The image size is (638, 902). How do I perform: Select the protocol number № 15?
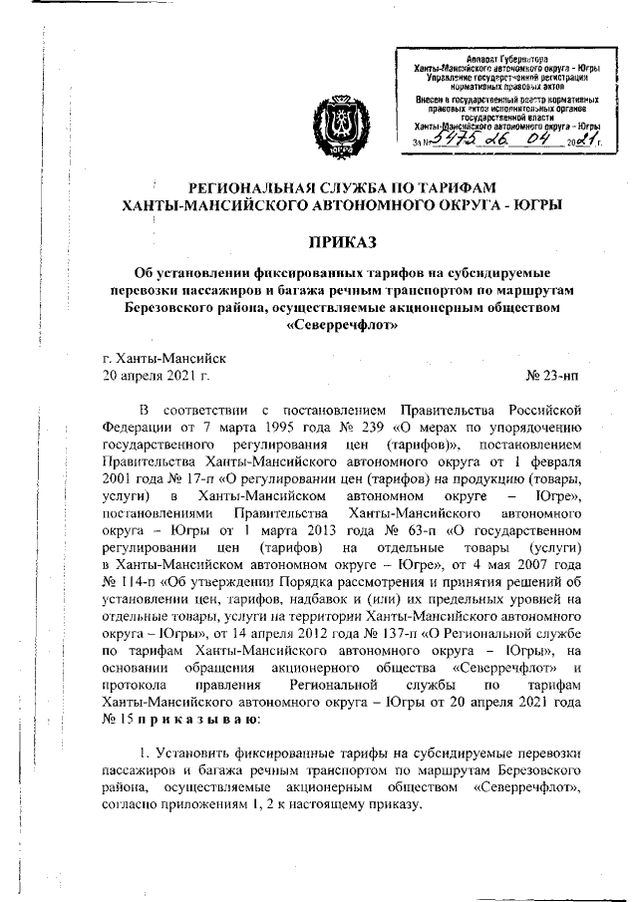[118, 716]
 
